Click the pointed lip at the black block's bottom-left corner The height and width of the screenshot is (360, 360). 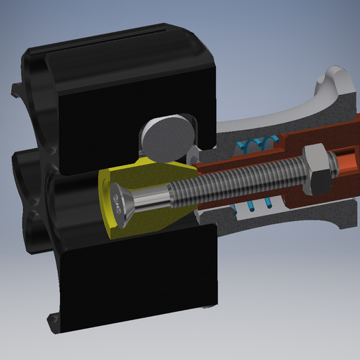tap(53, 324)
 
